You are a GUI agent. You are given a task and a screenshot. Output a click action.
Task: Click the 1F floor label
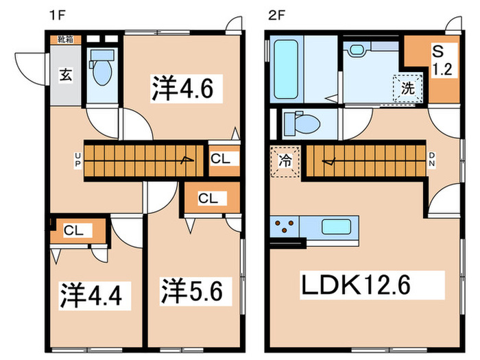pyautogui.click(x=55, y=14)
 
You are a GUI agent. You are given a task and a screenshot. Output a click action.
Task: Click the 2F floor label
pyautogui.click(x=275, y=14)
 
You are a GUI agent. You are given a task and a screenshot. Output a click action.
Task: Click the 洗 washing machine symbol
pyautogui.click(x=407, y=88)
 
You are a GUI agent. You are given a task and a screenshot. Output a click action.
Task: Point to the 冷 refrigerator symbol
pyautogui.click(x=284, y=163)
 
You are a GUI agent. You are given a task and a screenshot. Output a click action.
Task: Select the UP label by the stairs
pyautogui.click(x=78, y=163)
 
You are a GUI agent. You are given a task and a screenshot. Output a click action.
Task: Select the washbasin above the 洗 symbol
pyautogui.click(x=357, y=50)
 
